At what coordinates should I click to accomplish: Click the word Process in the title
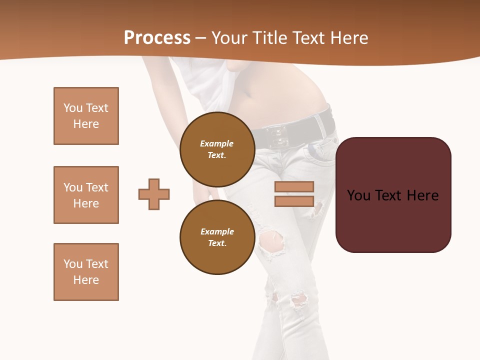tap(157, 38)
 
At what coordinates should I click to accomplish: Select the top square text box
tap(86, 116)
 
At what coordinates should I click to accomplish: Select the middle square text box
tap(86, 195)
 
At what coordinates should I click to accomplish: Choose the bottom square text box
tap(86, 272)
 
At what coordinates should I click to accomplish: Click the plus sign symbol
tap(154, 194)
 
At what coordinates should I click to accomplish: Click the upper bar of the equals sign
tap(294, 187)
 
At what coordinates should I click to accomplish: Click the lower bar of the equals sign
tap(294, 201)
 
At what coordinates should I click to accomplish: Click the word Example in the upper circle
tap(217, 143)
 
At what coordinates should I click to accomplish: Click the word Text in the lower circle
tap(217, 243)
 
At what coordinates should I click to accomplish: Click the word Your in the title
tap(227, 38)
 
